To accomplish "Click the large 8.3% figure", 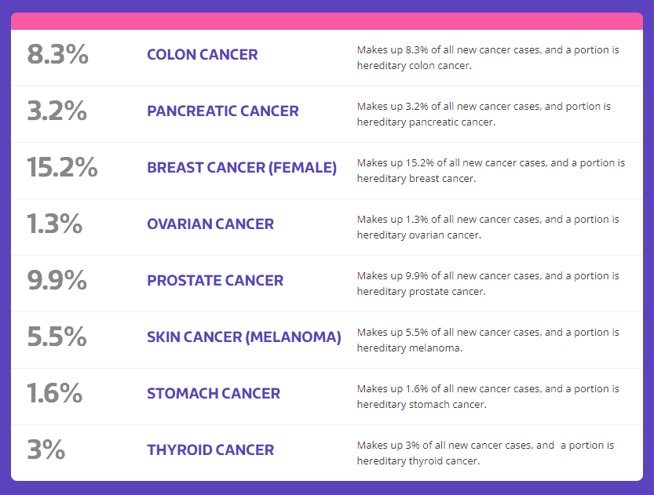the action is click(58, 55).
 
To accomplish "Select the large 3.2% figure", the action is click(57, 111).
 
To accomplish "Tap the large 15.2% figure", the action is click(62, 168).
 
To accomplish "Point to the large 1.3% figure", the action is click(55, 224).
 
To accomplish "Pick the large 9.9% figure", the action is click(57, 280).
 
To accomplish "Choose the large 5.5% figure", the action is click(57, 337).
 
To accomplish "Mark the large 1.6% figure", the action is click(55, 393).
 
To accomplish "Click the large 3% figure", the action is click(46, 450).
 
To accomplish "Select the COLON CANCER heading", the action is click(203, 55).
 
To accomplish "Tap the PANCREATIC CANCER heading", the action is click(223, 111).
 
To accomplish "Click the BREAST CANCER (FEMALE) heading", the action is click(242, 168).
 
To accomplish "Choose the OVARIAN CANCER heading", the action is click(210, 224).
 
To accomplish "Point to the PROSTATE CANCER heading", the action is click(215, 280).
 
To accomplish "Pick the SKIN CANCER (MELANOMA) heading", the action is click(244, 337).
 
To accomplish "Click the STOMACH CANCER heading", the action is click(214, 393).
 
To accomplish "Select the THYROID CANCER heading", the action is click(210, 450).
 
